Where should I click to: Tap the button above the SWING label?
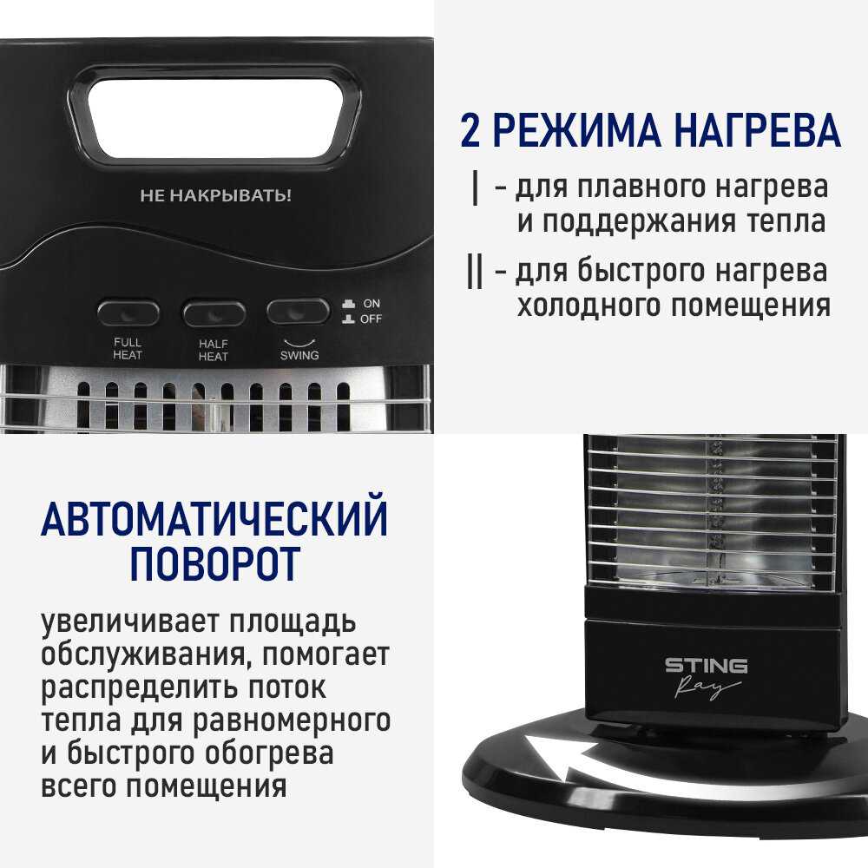point(298,312)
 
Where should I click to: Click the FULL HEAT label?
point(128,349)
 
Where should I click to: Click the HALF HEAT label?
point(214,351)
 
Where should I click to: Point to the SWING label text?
point(299,355)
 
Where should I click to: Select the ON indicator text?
point(372,303)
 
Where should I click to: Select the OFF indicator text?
point(371,319)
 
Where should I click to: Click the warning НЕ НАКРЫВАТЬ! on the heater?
point(215,195)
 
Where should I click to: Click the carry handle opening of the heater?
point(222,117)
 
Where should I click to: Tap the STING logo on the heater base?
point(706,666)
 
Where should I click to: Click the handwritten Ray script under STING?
point(706,687)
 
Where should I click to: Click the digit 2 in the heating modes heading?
point(470,131)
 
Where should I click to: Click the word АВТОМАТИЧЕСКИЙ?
point(214,519)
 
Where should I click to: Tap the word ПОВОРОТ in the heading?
point(214,563)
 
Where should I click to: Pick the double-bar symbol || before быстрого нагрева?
point(475,271)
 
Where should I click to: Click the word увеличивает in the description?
point(131,621)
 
